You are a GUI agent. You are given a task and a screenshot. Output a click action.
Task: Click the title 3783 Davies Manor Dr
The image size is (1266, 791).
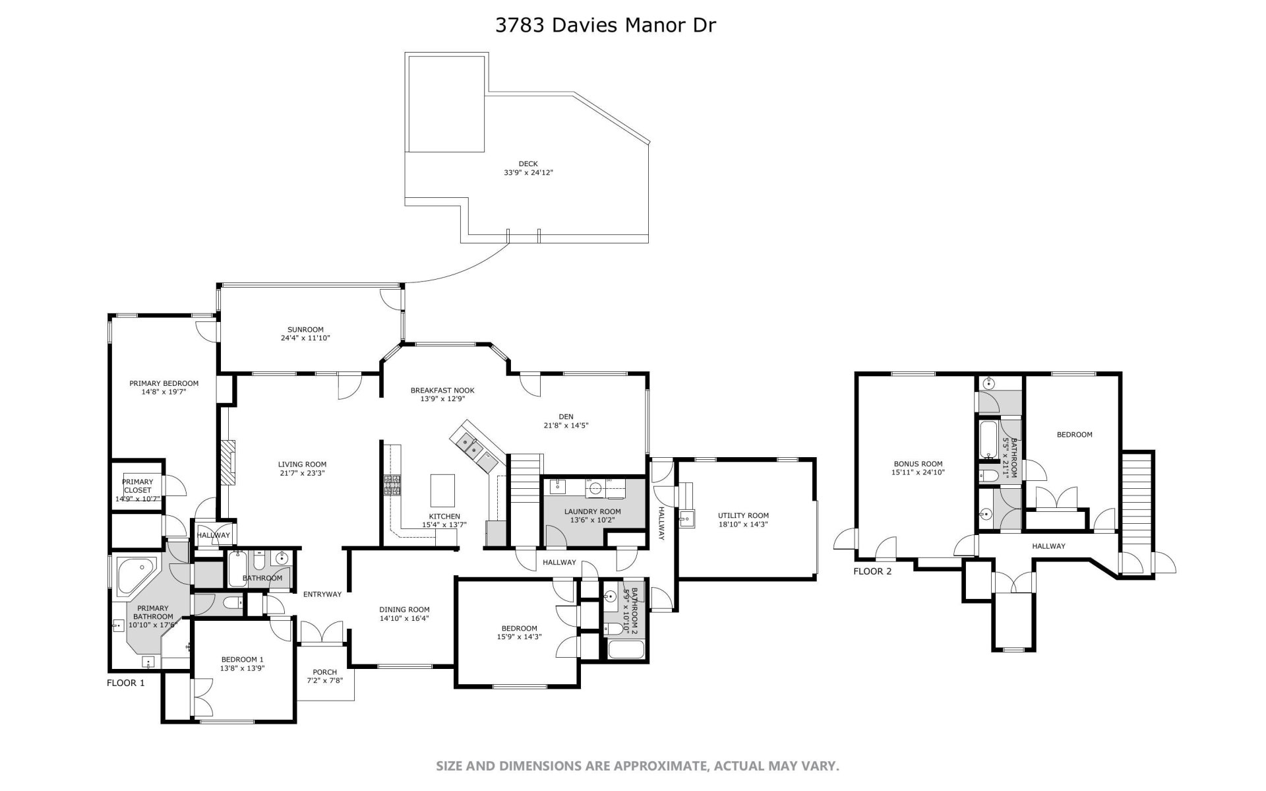click(x=605, y=25)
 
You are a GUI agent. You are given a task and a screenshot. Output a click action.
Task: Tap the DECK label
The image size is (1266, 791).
click(x=528, y=164)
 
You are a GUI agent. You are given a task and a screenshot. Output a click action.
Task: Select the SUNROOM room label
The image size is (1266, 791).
click(x=305, y=329)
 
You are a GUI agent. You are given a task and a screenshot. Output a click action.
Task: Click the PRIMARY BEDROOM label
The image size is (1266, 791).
click(x=164, y=383)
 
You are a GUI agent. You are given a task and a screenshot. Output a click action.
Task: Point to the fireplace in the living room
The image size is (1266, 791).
click(x=227, y=463)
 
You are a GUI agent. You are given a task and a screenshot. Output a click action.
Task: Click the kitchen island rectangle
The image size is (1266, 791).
click(x=442, y=489)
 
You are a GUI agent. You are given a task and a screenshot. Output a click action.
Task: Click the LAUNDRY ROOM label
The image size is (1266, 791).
click(x=592, y=511)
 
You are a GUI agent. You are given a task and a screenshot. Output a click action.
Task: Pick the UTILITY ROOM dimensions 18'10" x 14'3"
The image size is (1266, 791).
click(x=743, y=524)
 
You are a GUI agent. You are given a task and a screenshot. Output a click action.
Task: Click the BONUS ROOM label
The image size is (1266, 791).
click(x=918, y=464)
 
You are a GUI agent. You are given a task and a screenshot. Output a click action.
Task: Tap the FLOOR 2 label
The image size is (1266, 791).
click(x=872, y=571)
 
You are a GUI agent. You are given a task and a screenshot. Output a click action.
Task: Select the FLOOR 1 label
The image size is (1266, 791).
click(x=125, y=683)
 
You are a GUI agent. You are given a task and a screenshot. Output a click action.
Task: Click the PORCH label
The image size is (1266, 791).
click(x=325, y=672)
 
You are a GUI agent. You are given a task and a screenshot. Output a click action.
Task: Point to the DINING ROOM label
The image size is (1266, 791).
click(x=404, y=610)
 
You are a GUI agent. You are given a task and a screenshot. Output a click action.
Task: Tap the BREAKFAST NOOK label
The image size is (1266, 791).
click(x=442, y=390)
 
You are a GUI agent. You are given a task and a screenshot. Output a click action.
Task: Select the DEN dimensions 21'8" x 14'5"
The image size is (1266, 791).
click(x=566, y=426)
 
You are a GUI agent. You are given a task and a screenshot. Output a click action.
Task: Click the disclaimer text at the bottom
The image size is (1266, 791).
click(x=637, y=766)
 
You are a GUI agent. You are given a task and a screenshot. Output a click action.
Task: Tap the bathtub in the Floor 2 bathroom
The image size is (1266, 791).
click(x=988, y=440)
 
